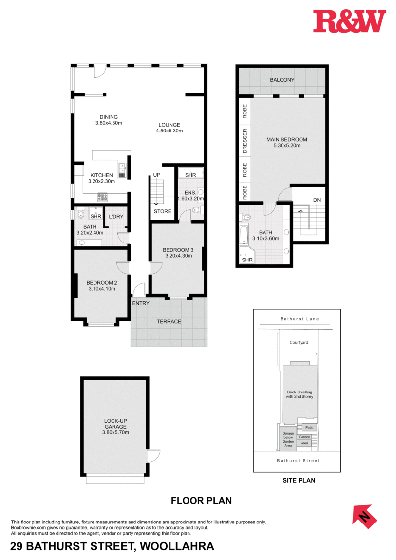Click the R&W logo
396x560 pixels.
pos(349,21)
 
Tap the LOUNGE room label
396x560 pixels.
pos(169,124)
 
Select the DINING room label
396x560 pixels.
pos(109,117)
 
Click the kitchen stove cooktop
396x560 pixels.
pos(103,197)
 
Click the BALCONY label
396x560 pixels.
pos(282,80)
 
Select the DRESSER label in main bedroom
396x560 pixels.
pos(245,141)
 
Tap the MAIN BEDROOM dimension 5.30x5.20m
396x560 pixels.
pos(286,146)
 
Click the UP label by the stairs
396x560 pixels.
pos(157,175)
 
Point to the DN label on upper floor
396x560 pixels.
pos(317,200)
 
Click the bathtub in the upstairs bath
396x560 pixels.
pos(244,236)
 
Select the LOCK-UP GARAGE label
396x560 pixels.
pos(116,423)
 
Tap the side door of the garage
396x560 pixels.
pos(153,455)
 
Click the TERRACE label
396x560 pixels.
pos(169,321)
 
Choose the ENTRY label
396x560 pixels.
pos(140,303)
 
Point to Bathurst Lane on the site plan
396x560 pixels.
pos(299,319)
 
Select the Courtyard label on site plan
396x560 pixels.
pos(299,342)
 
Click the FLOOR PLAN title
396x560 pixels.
pos(201,500)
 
